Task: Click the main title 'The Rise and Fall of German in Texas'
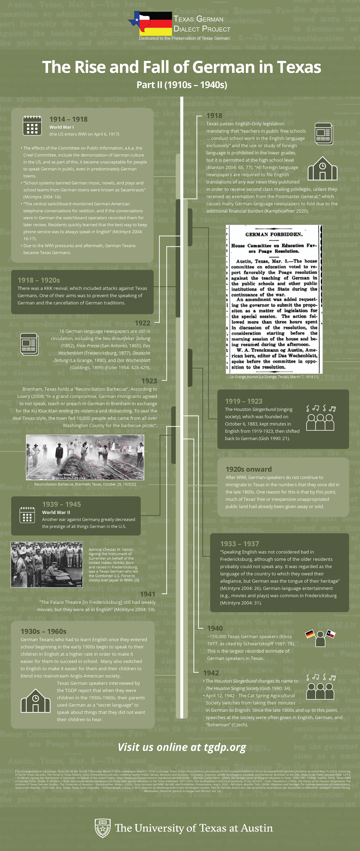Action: (181, 67)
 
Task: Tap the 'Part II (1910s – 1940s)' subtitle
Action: (182, 85)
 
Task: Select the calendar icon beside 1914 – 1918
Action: (32, 125)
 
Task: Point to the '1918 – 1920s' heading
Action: (39, 280)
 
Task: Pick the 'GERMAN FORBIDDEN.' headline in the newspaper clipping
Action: (274, 235)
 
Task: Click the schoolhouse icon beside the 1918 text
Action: (322, 169)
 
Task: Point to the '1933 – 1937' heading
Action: (239, 544)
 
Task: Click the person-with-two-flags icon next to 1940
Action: (320, 638)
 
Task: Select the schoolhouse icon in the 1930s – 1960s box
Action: (35, 701)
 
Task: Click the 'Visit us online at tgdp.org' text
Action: (182, 747)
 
